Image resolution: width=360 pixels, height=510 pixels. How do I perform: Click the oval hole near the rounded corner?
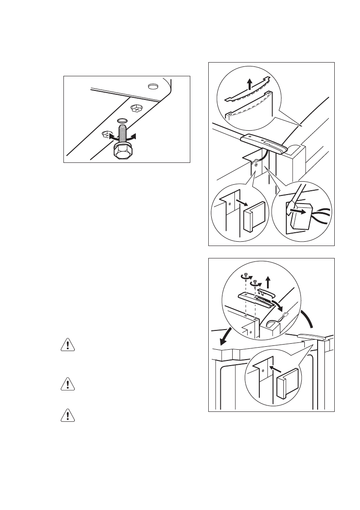[152, 87]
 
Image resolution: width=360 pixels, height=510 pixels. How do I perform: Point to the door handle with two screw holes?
[263, 143]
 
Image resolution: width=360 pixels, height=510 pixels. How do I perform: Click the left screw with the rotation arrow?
[246, 277]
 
